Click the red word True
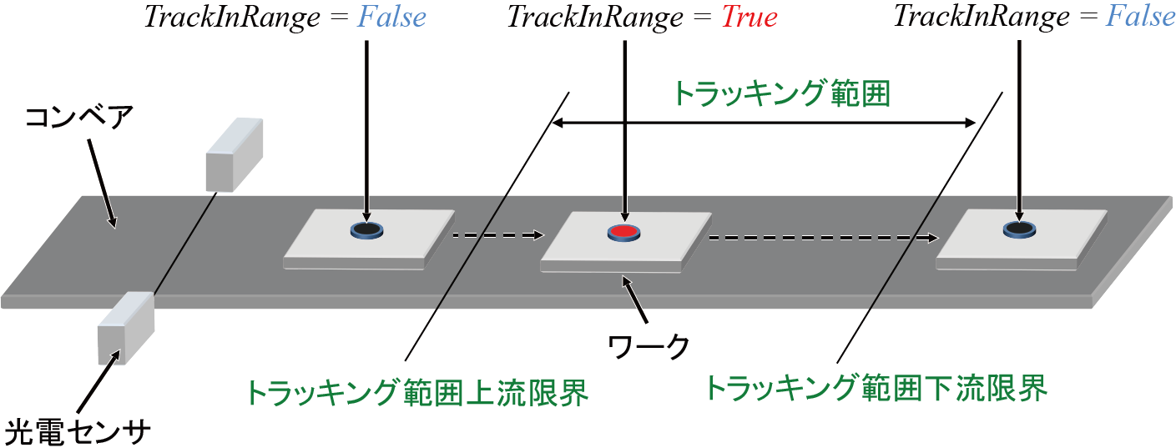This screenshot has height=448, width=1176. [749, 18]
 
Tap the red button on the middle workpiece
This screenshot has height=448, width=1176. [623, 232]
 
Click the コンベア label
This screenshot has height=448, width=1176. [78, 117]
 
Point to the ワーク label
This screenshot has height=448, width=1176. [649, 344]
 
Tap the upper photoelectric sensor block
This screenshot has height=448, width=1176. [233, 154]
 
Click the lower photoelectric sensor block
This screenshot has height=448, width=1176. [125, 327]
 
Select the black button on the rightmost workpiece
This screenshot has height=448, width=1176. [1018, 228]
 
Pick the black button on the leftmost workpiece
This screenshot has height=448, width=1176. [366, 229]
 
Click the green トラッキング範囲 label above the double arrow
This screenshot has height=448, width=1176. [782, 93]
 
